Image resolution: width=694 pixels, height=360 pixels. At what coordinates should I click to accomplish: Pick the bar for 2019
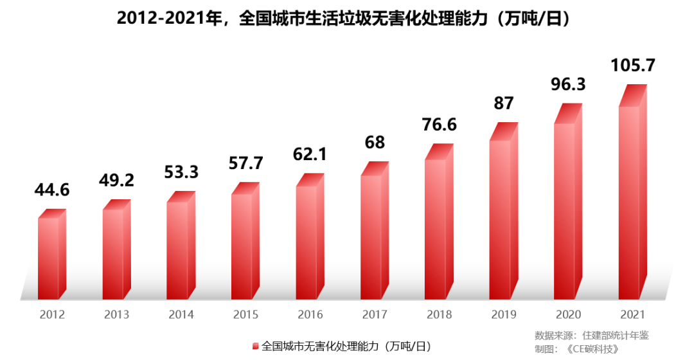coord(500,219)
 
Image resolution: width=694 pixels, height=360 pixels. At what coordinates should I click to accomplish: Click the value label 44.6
coord(52,190)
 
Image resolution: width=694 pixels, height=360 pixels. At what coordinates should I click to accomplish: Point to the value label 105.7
coord(633,66)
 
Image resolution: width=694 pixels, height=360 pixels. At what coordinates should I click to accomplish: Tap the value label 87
coord(504,103)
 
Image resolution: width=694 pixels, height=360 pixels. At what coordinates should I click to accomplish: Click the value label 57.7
coord(245,163)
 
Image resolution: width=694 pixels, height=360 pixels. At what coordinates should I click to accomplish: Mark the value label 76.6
coord(439,124)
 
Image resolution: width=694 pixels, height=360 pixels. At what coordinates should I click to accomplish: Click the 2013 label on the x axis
coord(116,315)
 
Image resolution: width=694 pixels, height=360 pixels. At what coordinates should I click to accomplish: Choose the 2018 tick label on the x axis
coord(439,315)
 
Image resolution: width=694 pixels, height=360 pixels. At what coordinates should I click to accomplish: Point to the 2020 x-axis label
coord(568,315)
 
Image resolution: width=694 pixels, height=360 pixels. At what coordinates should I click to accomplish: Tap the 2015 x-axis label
coord(245,315)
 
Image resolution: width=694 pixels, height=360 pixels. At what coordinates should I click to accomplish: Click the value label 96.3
coord(568,85)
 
